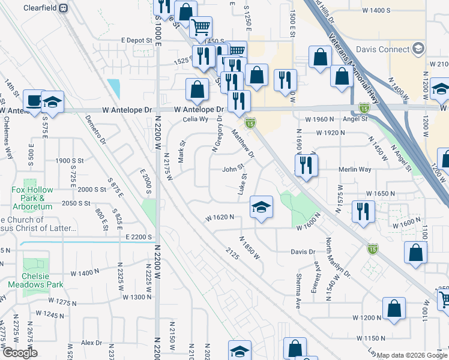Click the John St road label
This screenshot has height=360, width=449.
click(232, 169)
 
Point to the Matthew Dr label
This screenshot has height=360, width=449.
click(244, 146)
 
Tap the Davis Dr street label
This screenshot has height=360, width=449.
click(304, 252)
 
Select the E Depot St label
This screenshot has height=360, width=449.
click(136, 40)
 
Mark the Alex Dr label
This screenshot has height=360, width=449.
click(92, 343)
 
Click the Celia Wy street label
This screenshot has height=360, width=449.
click(195, 119)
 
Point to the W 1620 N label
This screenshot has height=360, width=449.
click(218, 218)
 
